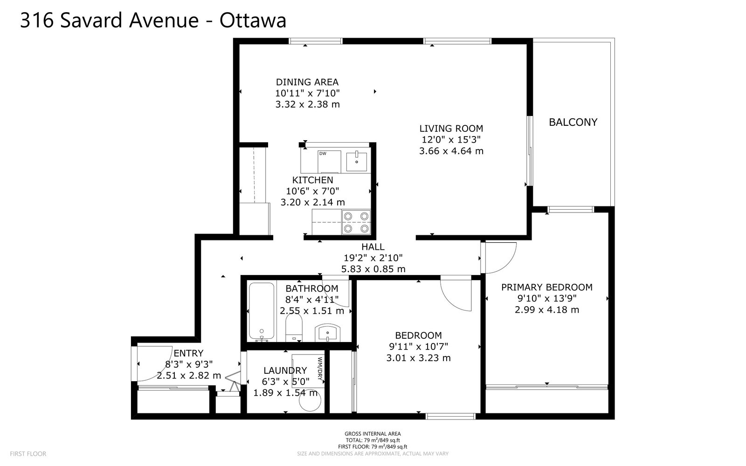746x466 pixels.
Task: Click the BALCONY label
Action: coord(573,122)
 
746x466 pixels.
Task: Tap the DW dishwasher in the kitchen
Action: coord(329,161)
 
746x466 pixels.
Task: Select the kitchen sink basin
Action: coord(356,162)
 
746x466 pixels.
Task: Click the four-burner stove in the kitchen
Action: coord(356,222)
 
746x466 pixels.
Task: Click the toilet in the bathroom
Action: coord(294,328)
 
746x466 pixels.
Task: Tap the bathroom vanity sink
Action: coord(328,333)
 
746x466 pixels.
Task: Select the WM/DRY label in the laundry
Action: coord(320,369)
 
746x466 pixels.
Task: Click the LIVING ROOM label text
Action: coord(451,129)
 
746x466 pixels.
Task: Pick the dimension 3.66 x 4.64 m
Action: coord(451,151)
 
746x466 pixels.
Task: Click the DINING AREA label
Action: coord(307,82)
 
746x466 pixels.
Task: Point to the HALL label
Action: coord(373,247)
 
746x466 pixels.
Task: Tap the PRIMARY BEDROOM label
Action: coord(547,287)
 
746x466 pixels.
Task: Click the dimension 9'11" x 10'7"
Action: coord(419,347)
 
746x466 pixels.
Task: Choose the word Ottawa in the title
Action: coord(253,21)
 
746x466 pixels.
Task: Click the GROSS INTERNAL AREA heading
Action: coord(373,434)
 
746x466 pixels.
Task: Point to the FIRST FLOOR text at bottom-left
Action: coord(28,454)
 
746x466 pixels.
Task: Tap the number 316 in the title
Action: coord(37,21)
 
